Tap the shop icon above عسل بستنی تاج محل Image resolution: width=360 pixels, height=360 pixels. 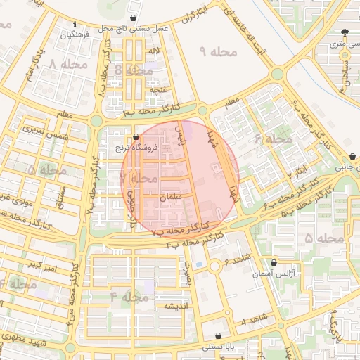coord(134,17)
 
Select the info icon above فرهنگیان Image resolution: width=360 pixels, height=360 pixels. coord(76,23)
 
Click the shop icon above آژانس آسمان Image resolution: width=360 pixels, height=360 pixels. coord(274,262)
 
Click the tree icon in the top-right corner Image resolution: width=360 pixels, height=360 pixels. coord(345,32)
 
